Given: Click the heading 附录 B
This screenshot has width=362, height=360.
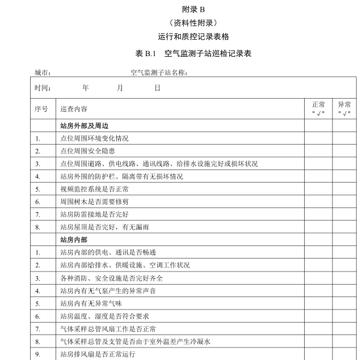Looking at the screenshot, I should pyautogui.click(x=193, y=9).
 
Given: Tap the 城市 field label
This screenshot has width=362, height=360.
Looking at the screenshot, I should pyautogui.click(x=43, y=73).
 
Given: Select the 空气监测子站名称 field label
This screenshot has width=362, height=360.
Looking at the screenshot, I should pyautogui.click(x=159, y=73).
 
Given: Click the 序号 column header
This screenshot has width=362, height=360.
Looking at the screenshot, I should pyautogui.click(x=41, y=108).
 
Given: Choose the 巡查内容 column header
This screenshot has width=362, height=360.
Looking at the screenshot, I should pyautogui.click(x=74, y=108).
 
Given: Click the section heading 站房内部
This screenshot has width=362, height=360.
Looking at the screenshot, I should pyautogui.click(x=74, y=240).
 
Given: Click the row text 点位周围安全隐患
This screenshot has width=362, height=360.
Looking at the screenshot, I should pyautogui.click(x=87, y=151).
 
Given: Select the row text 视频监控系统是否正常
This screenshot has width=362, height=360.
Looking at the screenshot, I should pyautogui.click(x=94, y=189).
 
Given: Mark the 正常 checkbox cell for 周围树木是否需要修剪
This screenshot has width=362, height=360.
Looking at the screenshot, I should pyautogui.click(x=318, y=201).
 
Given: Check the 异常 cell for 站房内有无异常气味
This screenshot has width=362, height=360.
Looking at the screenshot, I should pyautogui.click(x=344, y=303).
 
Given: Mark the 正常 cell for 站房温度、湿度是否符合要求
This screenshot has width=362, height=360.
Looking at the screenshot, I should pyautogui.click(x=318, y=316).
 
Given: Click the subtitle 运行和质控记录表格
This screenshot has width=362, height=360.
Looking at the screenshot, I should pyautogui.click(x=193, y=37).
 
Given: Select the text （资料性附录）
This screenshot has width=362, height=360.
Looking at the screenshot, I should pyautogui.click(x=193, y=23).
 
